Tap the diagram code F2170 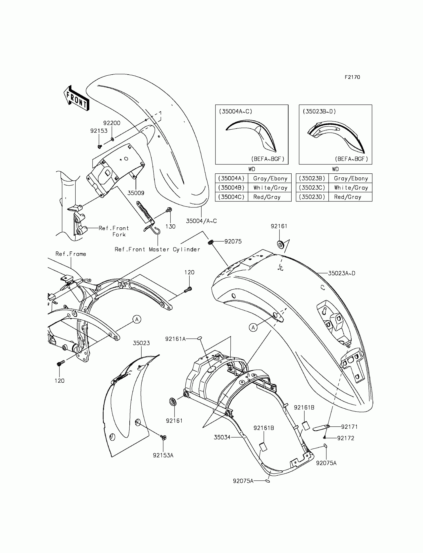(352, 77)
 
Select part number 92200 (112, 123)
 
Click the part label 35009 (136, 193)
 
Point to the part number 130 (170, 227)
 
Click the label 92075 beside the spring (233, 242)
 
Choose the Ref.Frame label (71, 254)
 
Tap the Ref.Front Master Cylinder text (157, 250)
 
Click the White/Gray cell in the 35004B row (270, 188)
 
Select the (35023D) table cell (312, 197)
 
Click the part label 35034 (222, 437)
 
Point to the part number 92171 (349, 427)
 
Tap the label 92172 (346, 438)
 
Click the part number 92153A (163, 455)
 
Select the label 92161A (175, 339)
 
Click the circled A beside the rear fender (253, 327)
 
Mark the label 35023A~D (341, 273)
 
